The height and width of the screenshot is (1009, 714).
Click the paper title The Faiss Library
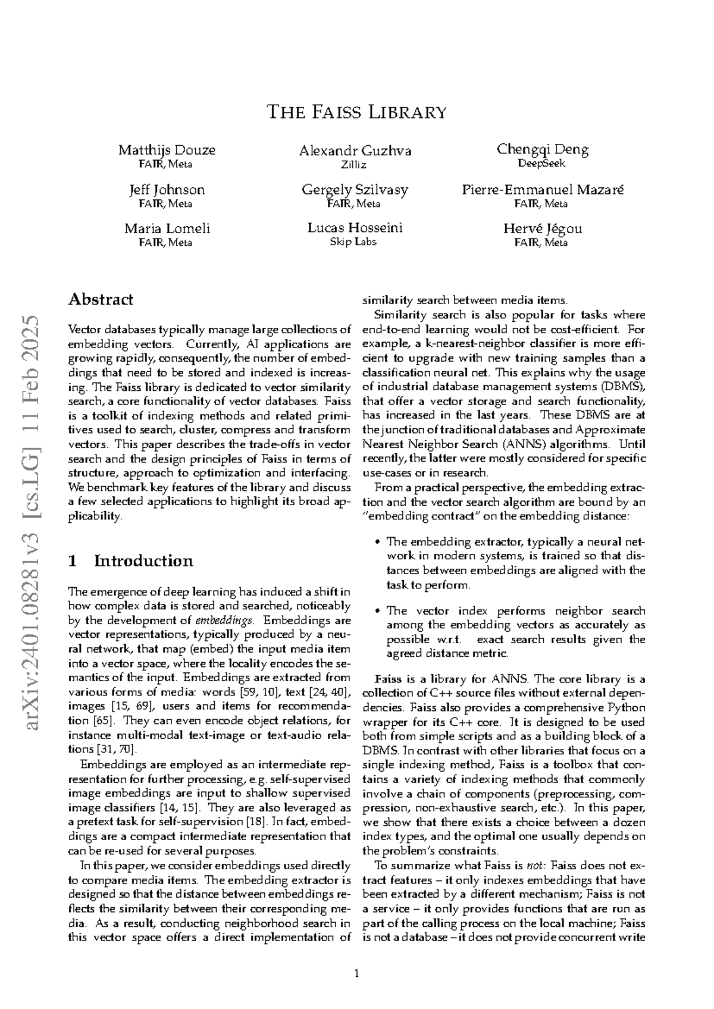click(x=356, y=112)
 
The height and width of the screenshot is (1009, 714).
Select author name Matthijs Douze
click(x=167, y=150)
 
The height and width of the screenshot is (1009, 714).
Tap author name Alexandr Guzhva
click(x=355, y=151)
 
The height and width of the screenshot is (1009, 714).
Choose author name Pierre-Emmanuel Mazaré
click(x=543, y=190)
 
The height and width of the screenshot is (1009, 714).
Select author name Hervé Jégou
click(x=543, y=228)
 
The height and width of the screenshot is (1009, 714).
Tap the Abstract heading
click(x=101, y=299)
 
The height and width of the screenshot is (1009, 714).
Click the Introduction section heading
click(x=143, y=561)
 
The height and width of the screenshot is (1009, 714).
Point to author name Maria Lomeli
click(x=167, y=228)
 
